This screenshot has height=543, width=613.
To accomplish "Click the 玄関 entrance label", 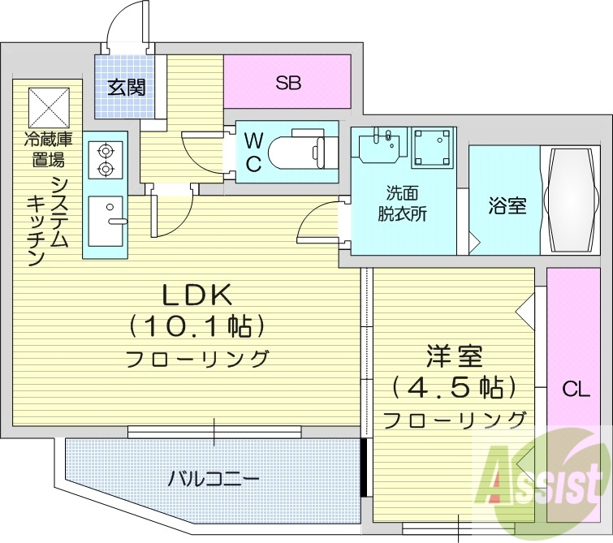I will click(125, 87).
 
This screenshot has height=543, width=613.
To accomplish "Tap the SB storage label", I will click(287, 82).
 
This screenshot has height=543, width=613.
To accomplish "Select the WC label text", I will click(253, 152).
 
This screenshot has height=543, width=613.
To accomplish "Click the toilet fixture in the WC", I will click(300, 152).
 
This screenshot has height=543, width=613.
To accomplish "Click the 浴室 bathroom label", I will click(507, 205).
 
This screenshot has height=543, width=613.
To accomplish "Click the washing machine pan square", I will click(434, 147).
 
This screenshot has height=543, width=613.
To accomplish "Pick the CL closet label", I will click(576, 390).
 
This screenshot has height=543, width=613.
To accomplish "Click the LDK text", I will click(193, 295).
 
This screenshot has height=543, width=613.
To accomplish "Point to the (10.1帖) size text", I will click(194, 326).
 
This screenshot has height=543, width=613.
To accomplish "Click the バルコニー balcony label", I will click(214, 478).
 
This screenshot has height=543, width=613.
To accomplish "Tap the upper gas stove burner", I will click(104, 150).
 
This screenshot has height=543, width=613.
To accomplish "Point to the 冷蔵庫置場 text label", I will click(48, 148).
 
